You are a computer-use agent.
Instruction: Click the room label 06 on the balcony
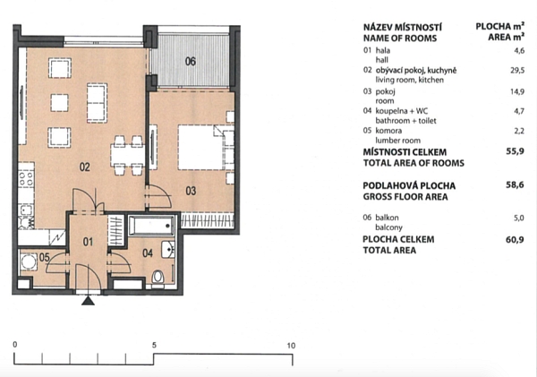(x=191, y=62)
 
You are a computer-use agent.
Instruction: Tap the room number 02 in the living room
(x=85, y=167)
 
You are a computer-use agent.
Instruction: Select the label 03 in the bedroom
(x=191, y=191)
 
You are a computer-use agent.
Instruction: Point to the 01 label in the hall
(x=88, y=242)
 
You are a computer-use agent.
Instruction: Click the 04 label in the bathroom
(x=148, y=253)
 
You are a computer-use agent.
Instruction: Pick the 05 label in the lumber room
(x=45, y=257)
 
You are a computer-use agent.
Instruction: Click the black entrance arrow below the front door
(x=89, y=301)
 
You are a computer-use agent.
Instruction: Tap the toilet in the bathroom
(x=158, y=277)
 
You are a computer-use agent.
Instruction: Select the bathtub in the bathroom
(x=152, y=225)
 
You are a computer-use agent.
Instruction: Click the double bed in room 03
(x=206, y=148)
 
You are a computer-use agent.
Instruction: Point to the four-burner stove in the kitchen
(x=26, y=179)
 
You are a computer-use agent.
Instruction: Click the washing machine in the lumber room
(x=29, y=262)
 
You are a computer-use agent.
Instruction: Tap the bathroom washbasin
(x=168, y=249)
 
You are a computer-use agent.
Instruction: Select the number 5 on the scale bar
(x=154, y=345)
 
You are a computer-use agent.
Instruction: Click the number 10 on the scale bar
(x=291, y=346)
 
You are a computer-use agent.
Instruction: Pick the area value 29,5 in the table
(x=517, y=71)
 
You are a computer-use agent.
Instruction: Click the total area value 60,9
(x=515, y=240)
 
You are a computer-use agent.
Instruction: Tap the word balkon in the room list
(x=387, y=218)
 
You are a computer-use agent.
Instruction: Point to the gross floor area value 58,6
(x=516, y=185)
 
